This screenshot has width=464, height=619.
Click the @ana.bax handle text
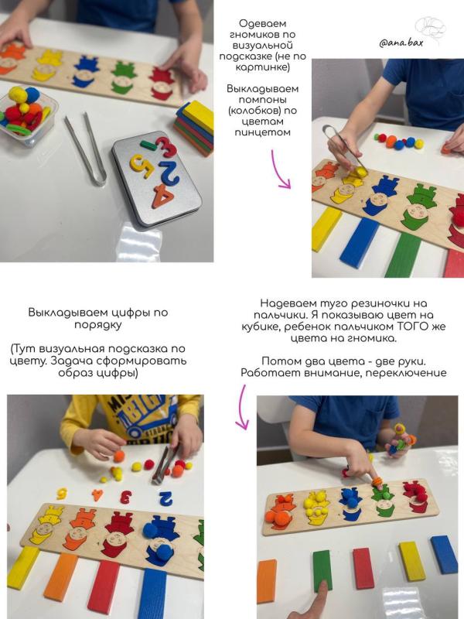401,43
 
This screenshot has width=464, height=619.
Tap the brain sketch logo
430,29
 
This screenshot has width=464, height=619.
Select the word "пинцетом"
262,132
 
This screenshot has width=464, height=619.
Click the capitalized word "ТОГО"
426,327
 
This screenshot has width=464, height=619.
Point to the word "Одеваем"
262,24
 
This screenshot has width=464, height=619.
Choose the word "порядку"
98,325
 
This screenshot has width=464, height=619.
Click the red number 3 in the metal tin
165,147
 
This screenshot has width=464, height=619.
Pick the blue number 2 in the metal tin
169,172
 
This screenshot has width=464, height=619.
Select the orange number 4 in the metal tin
162,197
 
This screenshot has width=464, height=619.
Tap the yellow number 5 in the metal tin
142,165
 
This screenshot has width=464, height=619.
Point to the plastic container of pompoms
27,115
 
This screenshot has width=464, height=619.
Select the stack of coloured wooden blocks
194,128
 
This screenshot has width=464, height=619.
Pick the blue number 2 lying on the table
165,498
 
